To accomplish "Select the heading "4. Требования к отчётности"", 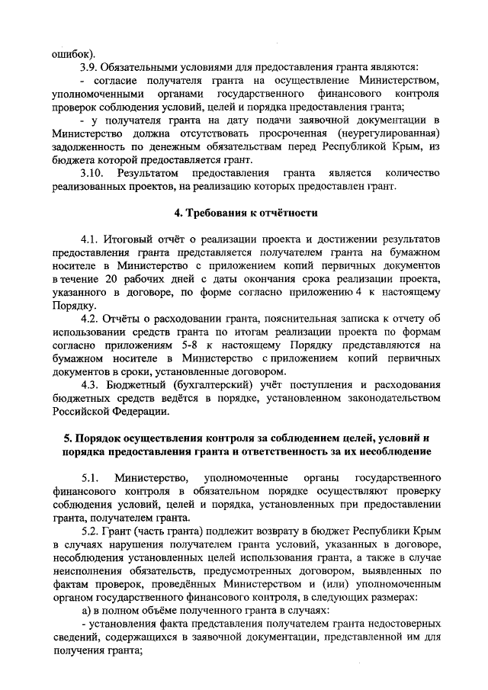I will click(243, 212).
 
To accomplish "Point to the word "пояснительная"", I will click(287, 318).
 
